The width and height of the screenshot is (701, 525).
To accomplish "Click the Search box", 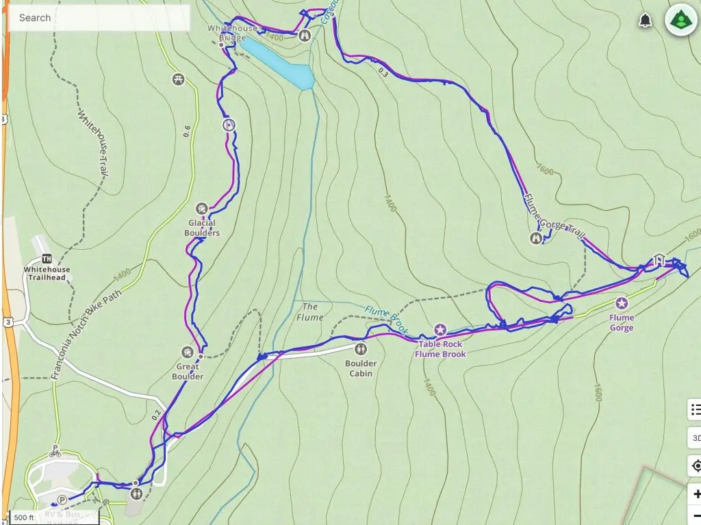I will tap(98, 18).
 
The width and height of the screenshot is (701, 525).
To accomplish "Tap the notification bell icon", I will tap(645, 21).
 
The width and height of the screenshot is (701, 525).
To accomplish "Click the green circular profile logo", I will tap(680, 20).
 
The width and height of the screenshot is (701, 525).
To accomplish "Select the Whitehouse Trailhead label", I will tap(47, 274).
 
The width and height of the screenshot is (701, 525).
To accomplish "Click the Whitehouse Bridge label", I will tap(232, 33).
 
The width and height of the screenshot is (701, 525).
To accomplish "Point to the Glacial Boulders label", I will tap(202, 228).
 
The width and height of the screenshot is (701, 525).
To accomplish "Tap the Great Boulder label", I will tap(188, 372).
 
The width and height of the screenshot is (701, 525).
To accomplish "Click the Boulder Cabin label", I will tap(361, 368).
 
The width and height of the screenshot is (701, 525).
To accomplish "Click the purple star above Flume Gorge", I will tap(622, 303).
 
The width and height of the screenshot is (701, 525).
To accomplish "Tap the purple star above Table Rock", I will tap(440, 330).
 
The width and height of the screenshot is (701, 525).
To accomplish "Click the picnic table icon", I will tap(179, 79).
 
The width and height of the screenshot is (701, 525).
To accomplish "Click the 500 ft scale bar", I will tap(24, 517).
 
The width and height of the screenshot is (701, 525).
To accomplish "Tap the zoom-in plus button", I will tap(696, 494).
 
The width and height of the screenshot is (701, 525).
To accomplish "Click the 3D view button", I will tap(696, 438).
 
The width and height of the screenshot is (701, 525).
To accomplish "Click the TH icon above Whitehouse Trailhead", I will tap(47, 259).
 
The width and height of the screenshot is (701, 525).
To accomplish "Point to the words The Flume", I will tap(310, 312).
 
